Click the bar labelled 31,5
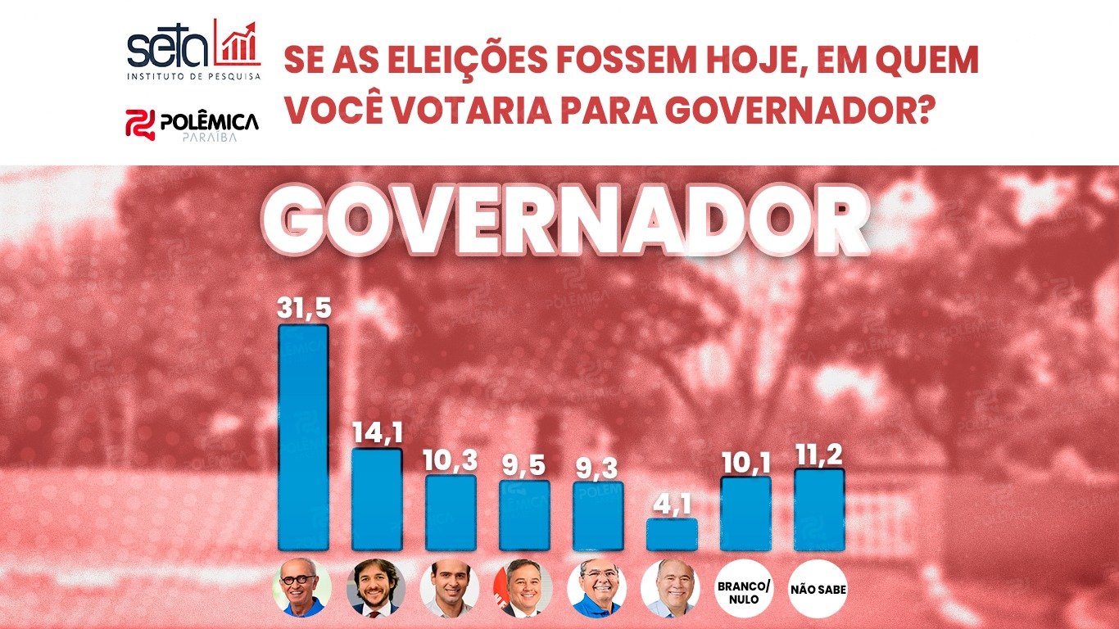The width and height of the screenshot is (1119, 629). tap(303, 437)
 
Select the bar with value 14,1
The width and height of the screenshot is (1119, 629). tap(377, 499)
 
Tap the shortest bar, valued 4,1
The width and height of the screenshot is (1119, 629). tap(672, 534)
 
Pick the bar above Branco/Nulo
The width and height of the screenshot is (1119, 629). tap(745, 514)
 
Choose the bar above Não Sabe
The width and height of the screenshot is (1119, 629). tap(819, 509)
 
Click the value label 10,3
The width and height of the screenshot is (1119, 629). tap(451, 460)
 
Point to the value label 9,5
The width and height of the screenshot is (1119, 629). tap(524, 466)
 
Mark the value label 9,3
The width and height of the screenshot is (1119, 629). tap(598, 468)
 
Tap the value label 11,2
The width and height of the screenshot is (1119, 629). tap(819, 454)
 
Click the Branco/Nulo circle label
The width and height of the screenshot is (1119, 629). tap(745, 588)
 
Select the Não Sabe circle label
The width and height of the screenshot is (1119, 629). tap(819, 588)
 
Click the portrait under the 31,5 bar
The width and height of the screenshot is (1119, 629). tap(302, 588)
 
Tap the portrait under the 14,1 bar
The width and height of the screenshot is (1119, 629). tap(376, 588)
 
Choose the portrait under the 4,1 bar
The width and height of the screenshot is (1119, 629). tap(671, 588)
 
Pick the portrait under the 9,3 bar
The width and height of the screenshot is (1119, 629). tap(597, 588)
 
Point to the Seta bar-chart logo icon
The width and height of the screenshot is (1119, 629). tap(237, 43)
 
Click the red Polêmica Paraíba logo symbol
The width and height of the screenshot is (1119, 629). tap(139, 123)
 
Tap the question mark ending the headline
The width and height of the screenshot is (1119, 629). tap(924, 109)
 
